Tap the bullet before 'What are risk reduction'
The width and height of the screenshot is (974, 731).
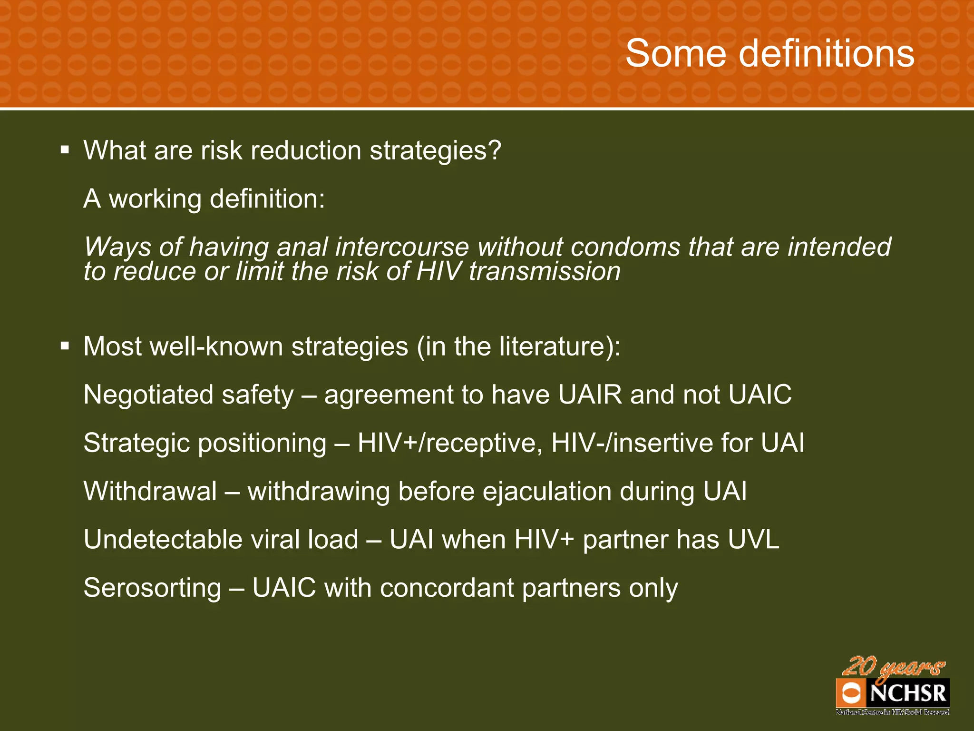point(65,151)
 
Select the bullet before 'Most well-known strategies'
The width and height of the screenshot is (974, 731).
point(65,346)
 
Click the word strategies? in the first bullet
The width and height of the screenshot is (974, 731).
point(435,151)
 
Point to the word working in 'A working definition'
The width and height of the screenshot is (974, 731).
point(155,199)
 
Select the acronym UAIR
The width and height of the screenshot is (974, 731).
point(590,395)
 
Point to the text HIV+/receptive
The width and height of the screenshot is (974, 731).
point(450,444)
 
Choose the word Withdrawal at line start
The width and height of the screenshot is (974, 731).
point(150,491)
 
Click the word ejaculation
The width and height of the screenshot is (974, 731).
point(547,492)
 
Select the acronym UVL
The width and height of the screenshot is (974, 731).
point(753,540)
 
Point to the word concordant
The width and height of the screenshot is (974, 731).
point(447,588)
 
